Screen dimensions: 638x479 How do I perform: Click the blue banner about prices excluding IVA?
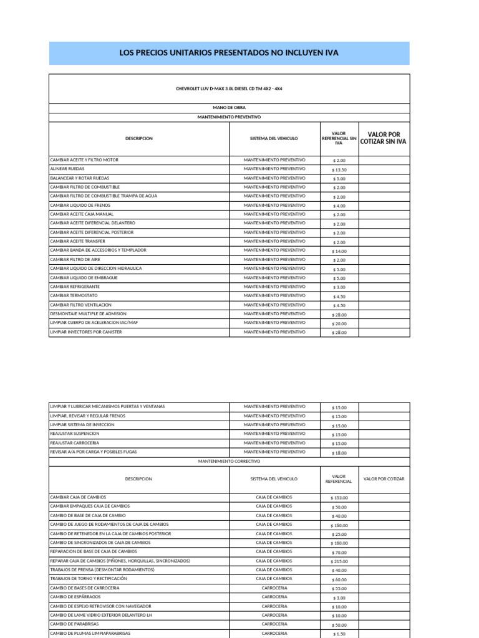[229, 53]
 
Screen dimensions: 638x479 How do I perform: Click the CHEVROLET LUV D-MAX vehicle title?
[229, 89]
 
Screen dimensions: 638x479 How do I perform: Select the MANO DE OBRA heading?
[229, 107]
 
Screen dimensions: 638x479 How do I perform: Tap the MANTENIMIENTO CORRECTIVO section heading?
[229, 461]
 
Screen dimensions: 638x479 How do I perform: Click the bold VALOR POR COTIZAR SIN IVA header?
[384, 138]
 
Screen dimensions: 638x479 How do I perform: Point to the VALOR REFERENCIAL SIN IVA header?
[339, 138]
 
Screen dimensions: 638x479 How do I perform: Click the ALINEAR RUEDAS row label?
[67, 169]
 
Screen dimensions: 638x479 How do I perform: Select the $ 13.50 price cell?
[339, 169]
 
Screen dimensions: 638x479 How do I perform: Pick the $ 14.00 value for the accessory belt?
[339, 251]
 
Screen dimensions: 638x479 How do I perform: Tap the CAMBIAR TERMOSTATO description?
[74, 295]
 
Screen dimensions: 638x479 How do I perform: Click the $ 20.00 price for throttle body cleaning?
[339, 323]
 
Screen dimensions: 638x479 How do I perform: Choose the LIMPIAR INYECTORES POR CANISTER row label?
[86, 332]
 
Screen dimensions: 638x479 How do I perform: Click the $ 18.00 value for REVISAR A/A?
[339, 453]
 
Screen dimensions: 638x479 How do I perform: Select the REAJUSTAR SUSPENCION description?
[75, 434]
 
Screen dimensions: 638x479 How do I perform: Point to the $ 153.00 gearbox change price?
[339, 498]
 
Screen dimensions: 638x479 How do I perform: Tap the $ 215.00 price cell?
[339, 561]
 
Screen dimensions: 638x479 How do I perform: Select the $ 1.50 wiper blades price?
[339, 634]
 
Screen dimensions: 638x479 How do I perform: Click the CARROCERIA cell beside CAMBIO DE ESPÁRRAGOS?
[274, 597]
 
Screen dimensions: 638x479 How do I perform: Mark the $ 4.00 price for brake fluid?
[339, 206]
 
